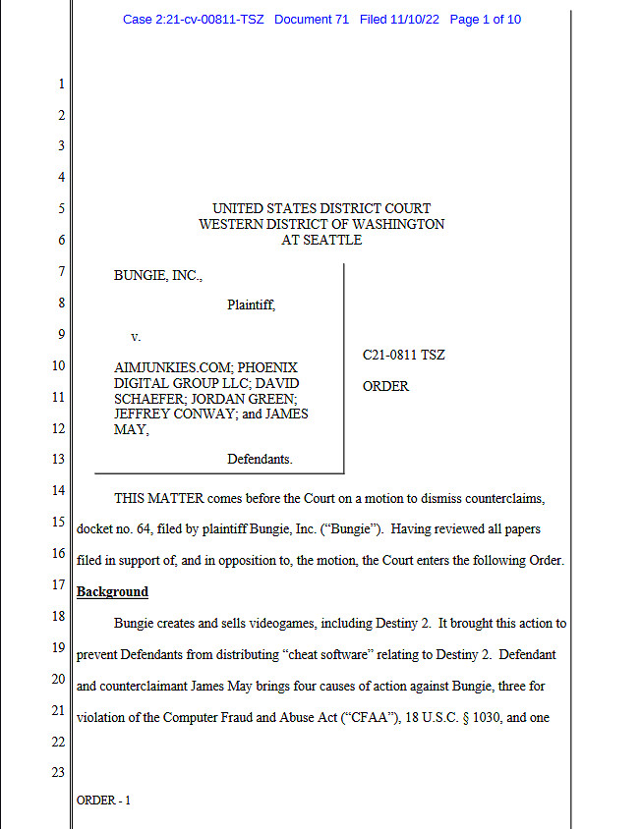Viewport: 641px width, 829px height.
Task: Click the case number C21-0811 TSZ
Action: click(x=403, y=355)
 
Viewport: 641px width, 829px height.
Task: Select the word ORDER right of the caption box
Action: click(x=385, y=386)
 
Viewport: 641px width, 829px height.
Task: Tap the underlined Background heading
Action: click(x=112, y=592)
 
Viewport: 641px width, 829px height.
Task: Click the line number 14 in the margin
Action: click(x=57, y=490)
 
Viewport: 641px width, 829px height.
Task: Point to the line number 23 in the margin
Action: click(x=57, y=771)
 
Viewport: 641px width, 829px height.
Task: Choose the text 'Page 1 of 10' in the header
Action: click(x=485, y=20)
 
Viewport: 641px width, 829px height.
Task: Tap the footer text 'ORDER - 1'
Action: click(x=102, y=801)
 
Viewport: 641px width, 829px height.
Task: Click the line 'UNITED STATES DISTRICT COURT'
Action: click(x=321, y=208)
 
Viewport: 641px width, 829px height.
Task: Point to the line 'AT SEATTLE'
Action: click(x=321, y=240)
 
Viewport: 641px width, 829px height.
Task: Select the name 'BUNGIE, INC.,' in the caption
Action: click(x=158, y=276)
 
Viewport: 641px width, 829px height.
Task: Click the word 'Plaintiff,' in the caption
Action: click(x=251, y=304)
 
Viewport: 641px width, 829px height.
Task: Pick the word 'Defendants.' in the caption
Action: click(x=260, y=459)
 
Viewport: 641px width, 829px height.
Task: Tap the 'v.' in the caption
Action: click(x=136, y=336)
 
